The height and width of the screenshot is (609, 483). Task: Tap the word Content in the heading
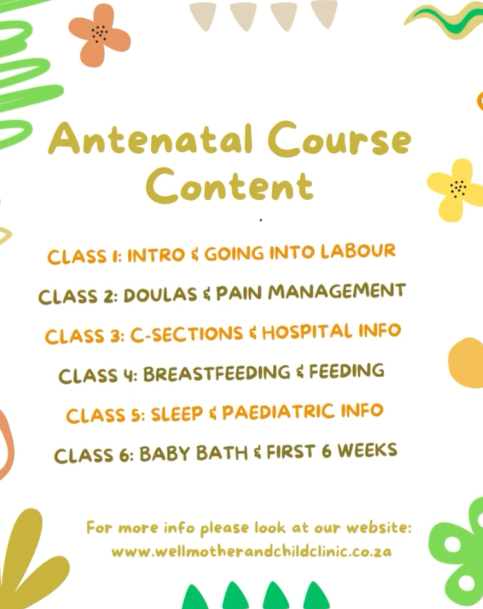pos(230,186)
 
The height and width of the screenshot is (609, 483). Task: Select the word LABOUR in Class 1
pos(358,251)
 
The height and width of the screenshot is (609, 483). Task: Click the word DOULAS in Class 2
pos(160,295)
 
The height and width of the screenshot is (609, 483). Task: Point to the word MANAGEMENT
pos(337,292)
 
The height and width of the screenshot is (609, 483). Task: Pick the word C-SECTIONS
pos(186,334)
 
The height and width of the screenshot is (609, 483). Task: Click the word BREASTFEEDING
pos(216,373)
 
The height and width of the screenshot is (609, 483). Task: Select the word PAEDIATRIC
pos(278,412)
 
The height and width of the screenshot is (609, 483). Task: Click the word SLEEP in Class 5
pos(177,414)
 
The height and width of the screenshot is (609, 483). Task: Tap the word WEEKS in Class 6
pos(367,450)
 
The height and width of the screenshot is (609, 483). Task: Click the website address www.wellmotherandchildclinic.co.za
pos(251,551)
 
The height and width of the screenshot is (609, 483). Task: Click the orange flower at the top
pos(99,35)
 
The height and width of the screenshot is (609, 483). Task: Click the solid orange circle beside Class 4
pos(466,363)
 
